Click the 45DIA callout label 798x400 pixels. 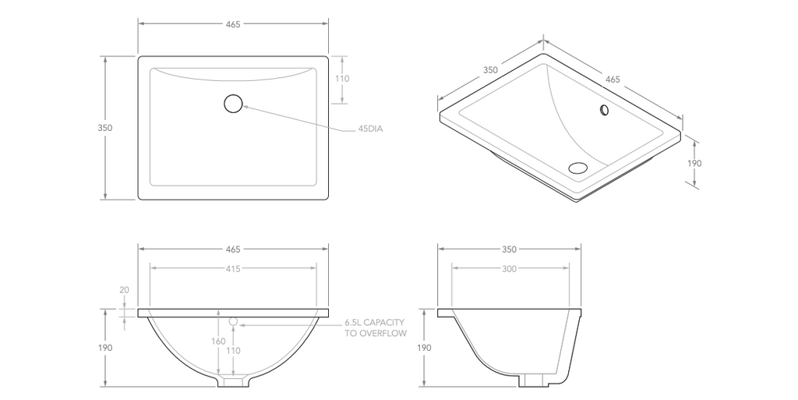[371, 129]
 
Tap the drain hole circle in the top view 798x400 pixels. [233, 103]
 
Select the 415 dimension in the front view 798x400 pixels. [233, 268]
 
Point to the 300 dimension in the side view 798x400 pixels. [509, 268]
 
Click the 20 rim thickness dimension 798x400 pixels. [124, 290]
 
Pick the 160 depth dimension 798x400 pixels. [219, 340]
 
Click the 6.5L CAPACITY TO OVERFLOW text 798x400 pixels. [375, 327]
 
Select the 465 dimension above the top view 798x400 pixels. [233, 24]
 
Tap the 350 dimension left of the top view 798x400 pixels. [105, 128]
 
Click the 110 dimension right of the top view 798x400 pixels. [342, 79]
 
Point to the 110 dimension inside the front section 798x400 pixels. [233, 351]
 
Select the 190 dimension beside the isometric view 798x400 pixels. [694, 164]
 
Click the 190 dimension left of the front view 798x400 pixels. [105, 348]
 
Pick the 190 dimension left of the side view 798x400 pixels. [423, 348]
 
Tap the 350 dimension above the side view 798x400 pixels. [509, 250]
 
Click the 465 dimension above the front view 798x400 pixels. [233, 250]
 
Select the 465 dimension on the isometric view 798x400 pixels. [613, 80]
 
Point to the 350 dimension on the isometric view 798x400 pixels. [490, 70]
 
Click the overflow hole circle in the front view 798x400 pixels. [232, 320]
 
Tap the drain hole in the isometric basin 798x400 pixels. [578, 167]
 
